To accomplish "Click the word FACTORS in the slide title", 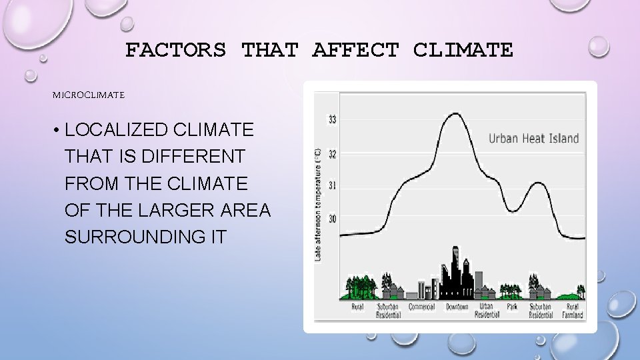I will (x=175, y=50).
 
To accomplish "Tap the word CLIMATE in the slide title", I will (x=463, y=50).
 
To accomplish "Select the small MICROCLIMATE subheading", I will (x=89, y=95).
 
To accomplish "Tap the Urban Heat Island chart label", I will (x=533, y=139).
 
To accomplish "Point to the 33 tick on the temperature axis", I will (x=331, y=120).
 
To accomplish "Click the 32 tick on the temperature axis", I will (x=331, y=154).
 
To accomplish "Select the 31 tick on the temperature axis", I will (x=331, y=185).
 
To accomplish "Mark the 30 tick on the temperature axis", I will (x=331, y=219).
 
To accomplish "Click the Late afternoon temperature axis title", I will (x=319, y=203).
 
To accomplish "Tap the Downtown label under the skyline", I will (x=457, y=307).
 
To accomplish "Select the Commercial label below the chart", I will (x=421, y=307).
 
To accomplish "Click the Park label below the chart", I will (x=511, y=307).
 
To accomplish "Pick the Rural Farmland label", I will (x=572, y=311).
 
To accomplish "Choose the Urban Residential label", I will (x=487, y=311).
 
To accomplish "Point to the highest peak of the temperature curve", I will (x=454, y=113).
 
